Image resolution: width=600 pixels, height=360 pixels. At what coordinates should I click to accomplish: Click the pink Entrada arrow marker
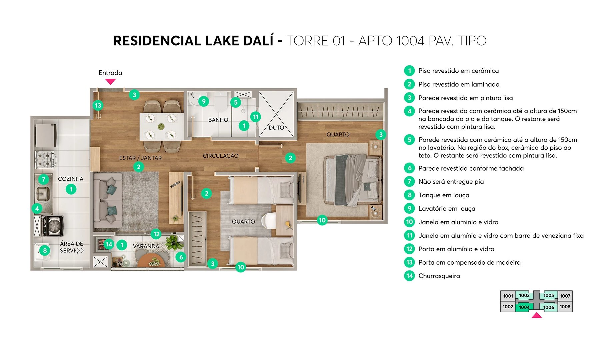(110, 81)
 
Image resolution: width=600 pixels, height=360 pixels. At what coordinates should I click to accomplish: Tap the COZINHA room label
(71, 179)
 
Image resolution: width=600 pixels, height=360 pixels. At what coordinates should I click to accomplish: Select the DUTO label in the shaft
(276, 128)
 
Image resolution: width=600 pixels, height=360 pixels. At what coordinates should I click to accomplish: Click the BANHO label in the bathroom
(218, 120)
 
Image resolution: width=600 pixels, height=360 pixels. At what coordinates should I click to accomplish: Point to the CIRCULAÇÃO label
(221, 156)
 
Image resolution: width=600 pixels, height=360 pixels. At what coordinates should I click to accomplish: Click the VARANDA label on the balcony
(146, 246)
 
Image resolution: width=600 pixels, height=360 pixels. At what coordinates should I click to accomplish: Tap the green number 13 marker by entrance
(98, 106)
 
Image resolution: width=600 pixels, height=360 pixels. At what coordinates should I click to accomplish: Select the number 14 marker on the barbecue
(109, 244)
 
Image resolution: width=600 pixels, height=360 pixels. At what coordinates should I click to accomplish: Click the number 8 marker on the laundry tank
(45, 250)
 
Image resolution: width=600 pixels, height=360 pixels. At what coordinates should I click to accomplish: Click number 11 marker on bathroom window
(256, 117)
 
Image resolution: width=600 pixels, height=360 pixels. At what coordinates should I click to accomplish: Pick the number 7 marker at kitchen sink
(43, 180)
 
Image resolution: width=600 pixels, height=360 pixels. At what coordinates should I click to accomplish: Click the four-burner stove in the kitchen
(45, 160)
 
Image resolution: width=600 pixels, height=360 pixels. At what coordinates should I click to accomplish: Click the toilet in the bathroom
(220, 102)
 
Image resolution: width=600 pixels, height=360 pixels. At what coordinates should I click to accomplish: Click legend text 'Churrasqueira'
(439, 276)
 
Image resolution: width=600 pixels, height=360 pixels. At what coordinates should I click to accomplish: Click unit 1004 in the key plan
(524, 307)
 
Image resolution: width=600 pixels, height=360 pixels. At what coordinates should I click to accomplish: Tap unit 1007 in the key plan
(565, 296)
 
